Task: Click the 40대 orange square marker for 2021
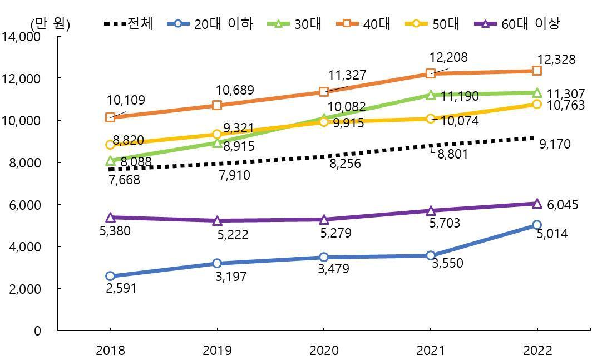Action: pyautogui.click(x=430, y=73)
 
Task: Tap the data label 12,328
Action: pyautogui.click(x=556, y=60)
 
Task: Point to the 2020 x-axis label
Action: pyautogui.click(x=323, y=351)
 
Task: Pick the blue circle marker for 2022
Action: pyautogui.click(x=537, y=225)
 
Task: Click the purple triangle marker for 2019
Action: pyautogui.click(x=217, y=220)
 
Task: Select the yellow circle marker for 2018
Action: pyautogui.click(x=110, y=145)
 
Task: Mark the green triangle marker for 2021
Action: pyautogui.click(x=430, y=95)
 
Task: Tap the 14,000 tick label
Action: pyautogui.click(x=22, y=37)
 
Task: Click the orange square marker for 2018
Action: pyautogui.click(x=110, y=117)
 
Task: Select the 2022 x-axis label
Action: pyautogui.click(x=537, y=351)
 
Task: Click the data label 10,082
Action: pyautogui.click(x=347, y=107)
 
